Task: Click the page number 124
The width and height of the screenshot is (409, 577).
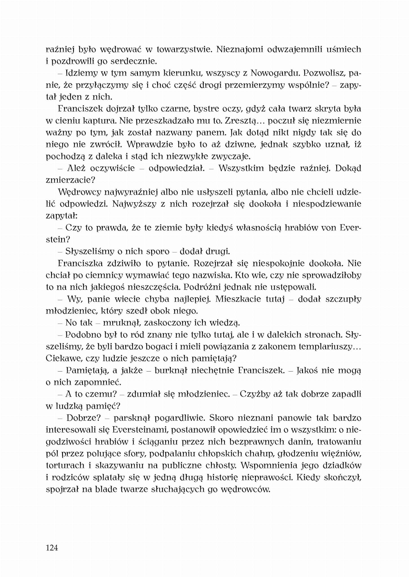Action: click(52, 547)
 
